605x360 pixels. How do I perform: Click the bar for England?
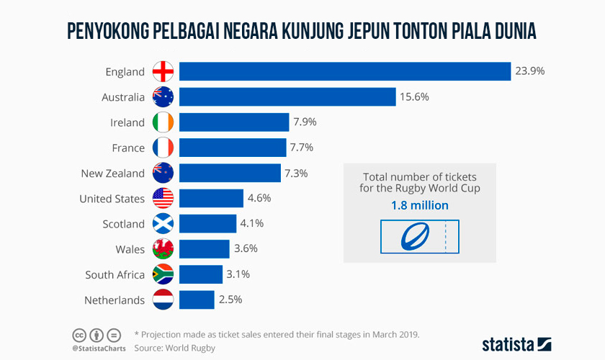(x=344, y=71)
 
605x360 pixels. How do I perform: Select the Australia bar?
(x=287, y=96)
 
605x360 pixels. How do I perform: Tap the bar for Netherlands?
(x=197, y=300)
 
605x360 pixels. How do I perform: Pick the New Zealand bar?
(x=230, y=173)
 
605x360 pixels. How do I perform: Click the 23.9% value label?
(x=529, y=71)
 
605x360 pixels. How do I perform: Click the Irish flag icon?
(x=163, y=122)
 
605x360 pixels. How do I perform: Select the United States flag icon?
(x=163, y=198)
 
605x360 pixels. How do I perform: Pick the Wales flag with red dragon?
(x=163, y=249)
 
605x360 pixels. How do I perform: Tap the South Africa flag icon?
(x=163, y=274)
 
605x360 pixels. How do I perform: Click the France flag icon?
(x=163, y=148)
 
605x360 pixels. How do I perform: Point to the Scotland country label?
(x=123, y=224)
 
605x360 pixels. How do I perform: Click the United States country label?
(x=112, y=198)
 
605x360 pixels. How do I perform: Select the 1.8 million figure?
(x=419, y=206)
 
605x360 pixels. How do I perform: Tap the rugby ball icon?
(x=414, y=237)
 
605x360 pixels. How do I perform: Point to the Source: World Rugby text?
(x=175, y=348)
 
